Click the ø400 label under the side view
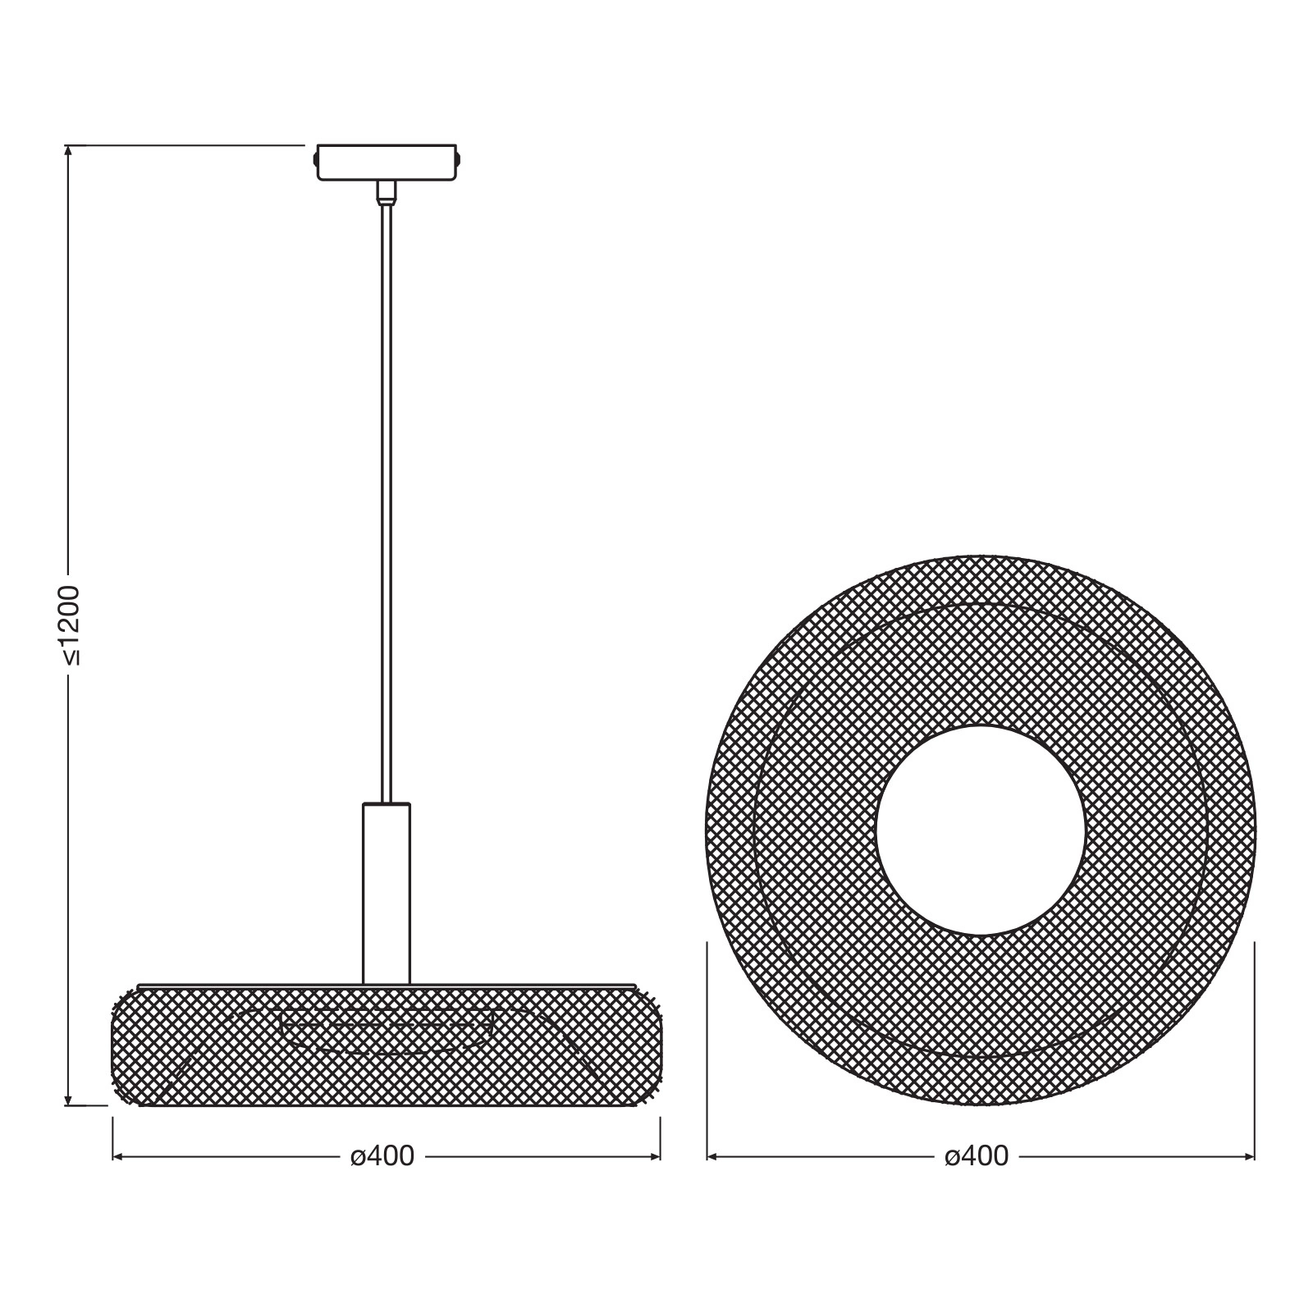click(382, 1156)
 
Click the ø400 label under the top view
click(977, 1156)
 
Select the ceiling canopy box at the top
click(387, 162)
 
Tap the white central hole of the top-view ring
click(981, 830)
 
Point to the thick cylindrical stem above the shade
click(387, 893)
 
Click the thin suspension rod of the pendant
click(387, 503)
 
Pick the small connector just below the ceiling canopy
click(386, 192)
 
